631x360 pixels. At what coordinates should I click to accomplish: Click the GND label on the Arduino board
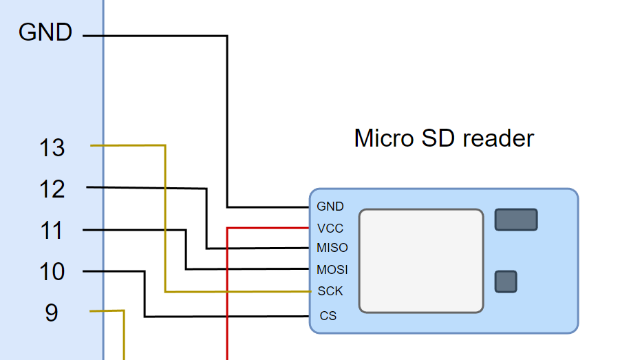(45, 32)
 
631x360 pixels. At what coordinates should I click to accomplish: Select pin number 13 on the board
(52, 148)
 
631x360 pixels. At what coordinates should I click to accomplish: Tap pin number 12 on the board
(52, 189)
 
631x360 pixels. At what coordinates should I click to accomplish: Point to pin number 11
(52, 231)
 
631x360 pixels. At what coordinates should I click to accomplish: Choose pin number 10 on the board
(52, 272)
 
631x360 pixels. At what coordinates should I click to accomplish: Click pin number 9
(52, 313)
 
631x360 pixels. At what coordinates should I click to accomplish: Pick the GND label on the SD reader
(330, 207)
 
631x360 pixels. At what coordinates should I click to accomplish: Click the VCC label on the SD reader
(330, 229)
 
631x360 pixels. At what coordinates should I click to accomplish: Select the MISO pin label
(332, 248)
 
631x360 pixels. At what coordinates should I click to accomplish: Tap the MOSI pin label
(332, 269)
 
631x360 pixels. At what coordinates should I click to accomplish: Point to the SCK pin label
(330, 290)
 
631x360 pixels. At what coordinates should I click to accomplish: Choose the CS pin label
(328, 316)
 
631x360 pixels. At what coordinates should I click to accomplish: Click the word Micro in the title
(384, 138)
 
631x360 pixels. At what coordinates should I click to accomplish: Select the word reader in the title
(498, 138)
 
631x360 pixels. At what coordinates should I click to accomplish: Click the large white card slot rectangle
(421, 261)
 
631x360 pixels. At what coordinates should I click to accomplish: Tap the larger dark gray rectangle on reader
(516, 220)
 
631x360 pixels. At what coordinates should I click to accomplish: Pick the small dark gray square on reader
(506, 282)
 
